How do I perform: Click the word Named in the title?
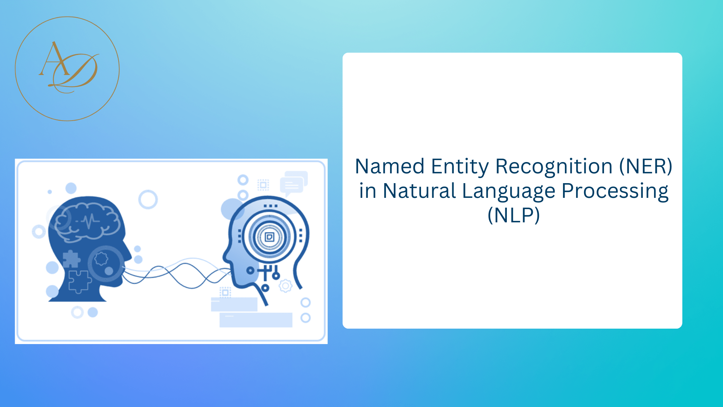point(390,167)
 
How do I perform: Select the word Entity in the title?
point(460,167)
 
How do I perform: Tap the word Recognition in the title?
point(554,167)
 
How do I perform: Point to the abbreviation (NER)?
point(646,167)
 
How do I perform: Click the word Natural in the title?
point(419,191)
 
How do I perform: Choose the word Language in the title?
point(508,191)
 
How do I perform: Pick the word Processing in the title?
point(615,191)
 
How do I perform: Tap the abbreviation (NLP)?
point(514,215)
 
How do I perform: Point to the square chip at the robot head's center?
point(270,237)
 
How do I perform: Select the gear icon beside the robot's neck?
point(285,286)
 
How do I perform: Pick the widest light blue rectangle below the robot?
point(256,320)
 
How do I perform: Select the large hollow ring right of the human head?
point(148,199)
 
